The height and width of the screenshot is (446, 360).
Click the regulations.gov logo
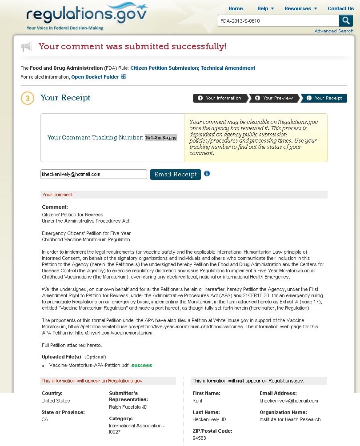[87, 16]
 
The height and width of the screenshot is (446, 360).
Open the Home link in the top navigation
[236, 8]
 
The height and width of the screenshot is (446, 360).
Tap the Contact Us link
[340, 8]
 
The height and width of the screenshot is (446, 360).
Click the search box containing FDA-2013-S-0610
[278, 21]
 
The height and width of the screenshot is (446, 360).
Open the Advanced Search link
[334, 31]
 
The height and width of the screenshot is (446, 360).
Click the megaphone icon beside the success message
[27, 47]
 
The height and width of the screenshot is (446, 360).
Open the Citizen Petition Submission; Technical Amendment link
[192, 68]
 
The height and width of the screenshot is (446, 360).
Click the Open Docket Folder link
[96, 77]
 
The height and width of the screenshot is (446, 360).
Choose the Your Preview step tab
[274, 98]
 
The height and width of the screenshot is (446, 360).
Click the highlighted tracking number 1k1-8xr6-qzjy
[160, 138]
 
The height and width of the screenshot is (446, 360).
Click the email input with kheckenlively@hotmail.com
[93, 174]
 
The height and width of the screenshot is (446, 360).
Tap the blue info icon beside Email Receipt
[207, 174]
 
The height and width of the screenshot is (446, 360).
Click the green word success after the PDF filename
[141, 365]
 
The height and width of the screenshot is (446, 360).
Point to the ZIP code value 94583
[199, 438]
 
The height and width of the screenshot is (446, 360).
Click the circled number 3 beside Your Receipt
[27, 98]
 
